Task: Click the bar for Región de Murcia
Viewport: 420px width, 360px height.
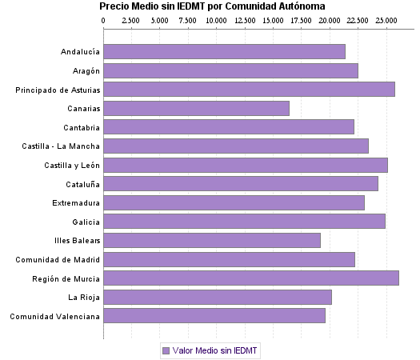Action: tap(250, 278)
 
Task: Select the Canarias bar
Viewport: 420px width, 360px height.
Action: tap(196, 108)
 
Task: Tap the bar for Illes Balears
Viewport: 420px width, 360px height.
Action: tap(211, 240)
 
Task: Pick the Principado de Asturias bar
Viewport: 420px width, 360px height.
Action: tap(249, 89)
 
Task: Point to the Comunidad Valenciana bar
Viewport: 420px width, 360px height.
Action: tap(214, 316)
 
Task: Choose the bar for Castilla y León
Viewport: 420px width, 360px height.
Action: tap(245, 165)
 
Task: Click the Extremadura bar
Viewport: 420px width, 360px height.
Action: tap(234, 202)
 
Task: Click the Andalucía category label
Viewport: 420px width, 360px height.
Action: tap(80, 52)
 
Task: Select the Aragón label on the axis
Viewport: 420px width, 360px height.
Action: tap(85, 70)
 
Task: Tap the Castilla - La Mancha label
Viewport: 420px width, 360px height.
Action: tap(61, 146)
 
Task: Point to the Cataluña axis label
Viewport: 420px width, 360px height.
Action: tap(82, 183)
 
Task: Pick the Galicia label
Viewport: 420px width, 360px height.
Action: tap(86, 222)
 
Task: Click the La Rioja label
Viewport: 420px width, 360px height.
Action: tap(84, 297)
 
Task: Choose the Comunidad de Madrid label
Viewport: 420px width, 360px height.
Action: tap(58, 259)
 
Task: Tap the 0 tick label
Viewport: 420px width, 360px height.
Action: tap(104, 19)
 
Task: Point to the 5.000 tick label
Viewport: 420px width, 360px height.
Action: tap(160, 19)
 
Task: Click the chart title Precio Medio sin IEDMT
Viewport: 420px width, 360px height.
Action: tap(212, 6)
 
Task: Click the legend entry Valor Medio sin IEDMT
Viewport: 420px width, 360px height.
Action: tap(210, 350)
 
